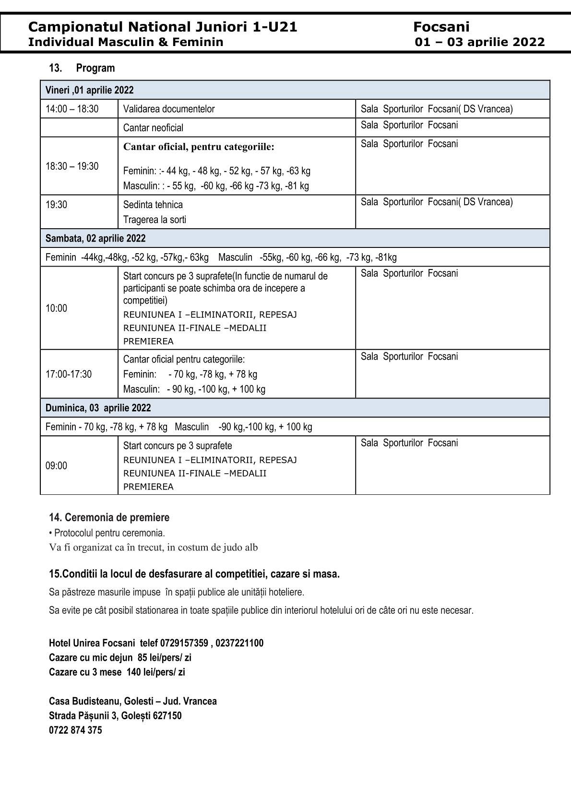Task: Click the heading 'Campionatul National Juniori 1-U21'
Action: pyautogui.click(x=163, y=27)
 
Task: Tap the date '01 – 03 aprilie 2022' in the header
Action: pyautogui.click(x=480, y=42)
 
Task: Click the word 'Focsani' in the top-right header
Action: pyautogui.click(x=441, y=27)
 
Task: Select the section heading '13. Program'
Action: pyautogui.click(x=82, y=68)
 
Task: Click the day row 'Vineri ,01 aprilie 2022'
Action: pyautogui.click(x=90, y=90)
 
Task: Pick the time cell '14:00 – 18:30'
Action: pyautogui.click(x=72, y=109)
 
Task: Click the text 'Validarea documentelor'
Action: pyautogui.click(x=169, y=109)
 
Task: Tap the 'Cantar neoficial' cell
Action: pyautogui.click(x=153, y=128)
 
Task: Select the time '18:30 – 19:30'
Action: pyautogui.click(x=72, y=166)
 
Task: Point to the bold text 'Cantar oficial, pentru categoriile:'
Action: pyautogui.click(x=199, y=147)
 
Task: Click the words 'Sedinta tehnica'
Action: pyautogui.click(x=153, y=205)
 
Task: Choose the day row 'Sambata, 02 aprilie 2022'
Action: pyautogui.click(x=95, y=238)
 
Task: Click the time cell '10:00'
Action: pyautogui.click(x=57, y=308)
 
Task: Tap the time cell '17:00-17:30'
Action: pyautogui.click(x=69, y=374)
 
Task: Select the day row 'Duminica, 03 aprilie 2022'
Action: pyautogui.click(x=98, y=408)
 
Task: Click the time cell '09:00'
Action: pyautogui.click(x=57, y=466)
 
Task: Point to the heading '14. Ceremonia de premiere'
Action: pyautogui.click(x=109, y=517)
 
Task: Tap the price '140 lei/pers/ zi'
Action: pyautogui.click(x=155, y=672)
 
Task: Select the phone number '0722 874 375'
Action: pyautogui.click(x=75, y=730)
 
